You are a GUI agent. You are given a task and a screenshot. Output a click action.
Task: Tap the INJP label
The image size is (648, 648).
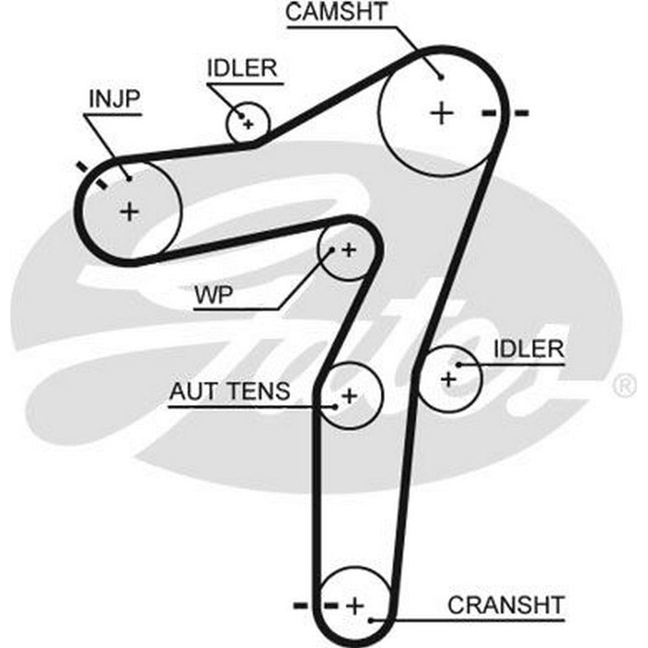[114, 99]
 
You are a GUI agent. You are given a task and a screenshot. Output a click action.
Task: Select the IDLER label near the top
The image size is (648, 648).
[242, 67]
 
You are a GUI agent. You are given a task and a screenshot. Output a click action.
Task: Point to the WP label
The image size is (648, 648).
[214, 295]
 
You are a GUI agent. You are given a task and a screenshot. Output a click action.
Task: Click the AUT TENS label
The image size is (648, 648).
[229, 391]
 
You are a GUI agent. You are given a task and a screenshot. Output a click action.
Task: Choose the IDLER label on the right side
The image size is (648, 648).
[529, 349]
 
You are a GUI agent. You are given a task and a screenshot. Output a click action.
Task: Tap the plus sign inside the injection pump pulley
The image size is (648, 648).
[130, 211]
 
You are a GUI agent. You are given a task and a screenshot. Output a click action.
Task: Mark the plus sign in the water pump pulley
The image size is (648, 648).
[349, 249]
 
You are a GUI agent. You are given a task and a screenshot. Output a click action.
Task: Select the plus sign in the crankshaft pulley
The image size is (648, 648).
[354, 607]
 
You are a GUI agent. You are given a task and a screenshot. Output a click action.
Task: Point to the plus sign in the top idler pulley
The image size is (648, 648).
[248, 122]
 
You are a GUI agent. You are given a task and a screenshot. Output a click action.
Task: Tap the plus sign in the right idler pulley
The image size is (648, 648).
[448, 378]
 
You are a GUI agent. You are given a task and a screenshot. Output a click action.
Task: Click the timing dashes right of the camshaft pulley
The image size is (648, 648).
[505, 113]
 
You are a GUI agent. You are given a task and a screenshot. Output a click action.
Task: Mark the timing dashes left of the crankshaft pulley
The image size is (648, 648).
[316, 606]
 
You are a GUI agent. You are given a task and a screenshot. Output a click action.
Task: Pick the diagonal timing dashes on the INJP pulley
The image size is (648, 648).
[91, 175]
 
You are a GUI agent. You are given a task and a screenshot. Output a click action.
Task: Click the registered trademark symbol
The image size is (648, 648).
[624, 386]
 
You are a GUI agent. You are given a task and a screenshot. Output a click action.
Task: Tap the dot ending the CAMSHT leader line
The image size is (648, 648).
[441, 77]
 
